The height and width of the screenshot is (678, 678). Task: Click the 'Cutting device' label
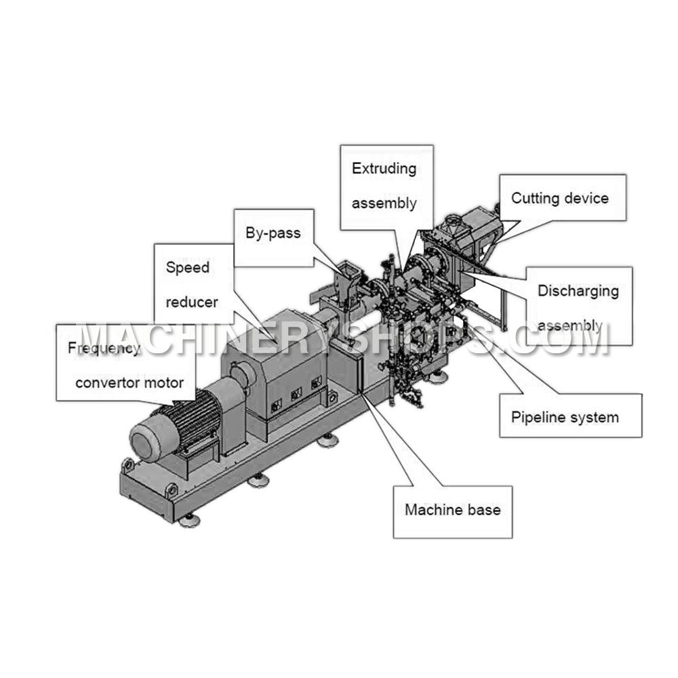(559, 199)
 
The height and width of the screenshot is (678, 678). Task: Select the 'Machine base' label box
(453, 512)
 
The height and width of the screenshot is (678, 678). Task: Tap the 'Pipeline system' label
(565, 417)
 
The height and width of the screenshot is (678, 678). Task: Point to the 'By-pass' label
(273, 233)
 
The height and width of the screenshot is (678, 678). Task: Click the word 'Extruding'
(384, 169)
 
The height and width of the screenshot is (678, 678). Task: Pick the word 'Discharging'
(578, 291)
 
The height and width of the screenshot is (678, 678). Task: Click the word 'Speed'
(188, 267)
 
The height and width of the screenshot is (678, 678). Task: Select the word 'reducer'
(192, 302)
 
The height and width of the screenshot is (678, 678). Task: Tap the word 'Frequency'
(104, 348)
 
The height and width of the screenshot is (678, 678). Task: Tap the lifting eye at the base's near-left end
(127, 466)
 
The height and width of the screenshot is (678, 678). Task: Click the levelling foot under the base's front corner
(189, 521)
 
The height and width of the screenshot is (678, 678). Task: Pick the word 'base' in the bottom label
(483, 510)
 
